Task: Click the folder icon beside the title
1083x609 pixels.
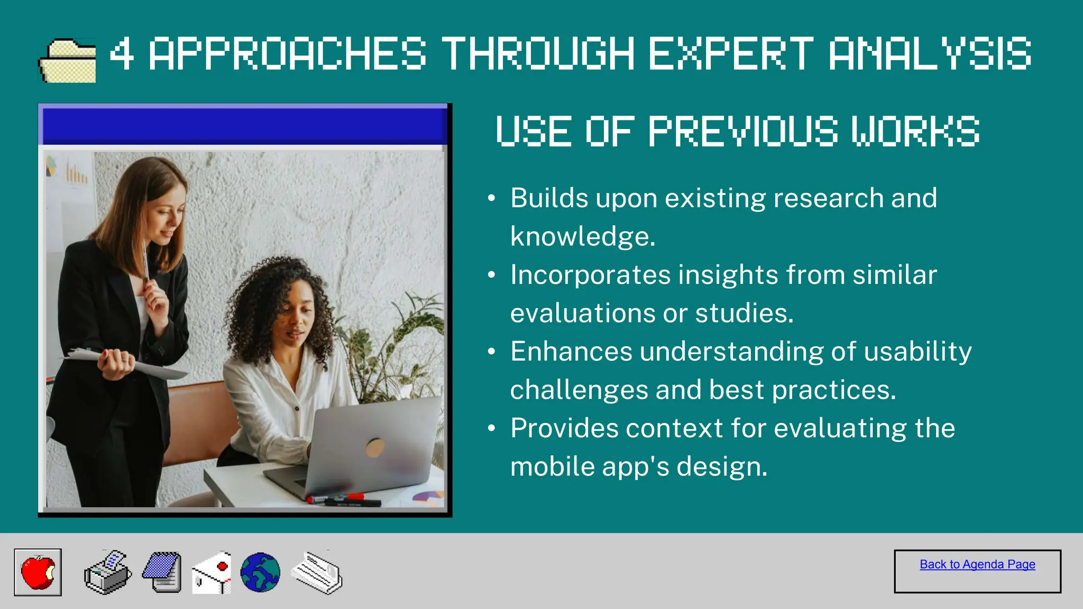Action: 67,60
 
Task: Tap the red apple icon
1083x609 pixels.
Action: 38,572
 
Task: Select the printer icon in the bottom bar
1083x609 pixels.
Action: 108,573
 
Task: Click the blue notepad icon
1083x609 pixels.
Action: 162,573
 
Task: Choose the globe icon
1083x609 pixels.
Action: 260,573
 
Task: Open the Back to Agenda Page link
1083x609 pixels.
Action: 977,565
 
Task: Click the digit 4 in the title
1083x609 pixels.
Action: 122,53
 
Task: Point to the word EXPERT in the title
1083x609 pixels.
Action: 731,53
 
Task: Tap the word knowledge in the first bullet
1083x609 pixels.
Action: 583,236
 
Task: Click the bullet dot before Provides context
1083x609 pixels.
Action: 492,428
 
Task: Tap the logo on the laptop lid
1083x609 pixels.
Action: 375,447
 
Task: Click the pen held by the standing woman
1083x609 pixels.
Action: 145,262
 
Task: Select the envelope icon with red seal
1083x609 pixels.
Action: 212,573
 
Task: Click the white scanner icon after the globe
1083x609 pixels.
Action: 316,573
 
